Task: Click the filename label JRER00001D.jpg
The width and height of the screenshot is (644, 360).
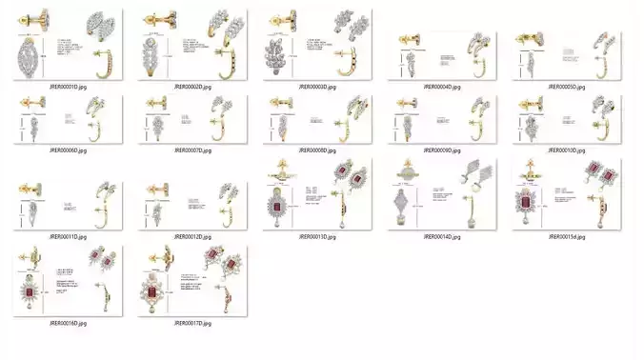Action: click(x=68, y=87)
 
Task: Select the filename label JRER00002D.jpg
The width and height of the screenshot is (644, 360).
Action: click(x=192, y=87)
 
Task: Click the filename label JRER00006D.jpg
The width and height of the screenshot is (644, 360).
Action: click(x=68, y=150)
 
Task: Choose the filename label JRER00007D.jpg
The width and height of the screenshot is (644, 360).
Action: click(x=192, y=150)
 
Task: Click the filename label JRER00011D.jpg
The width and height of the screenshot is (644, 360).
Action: click(x=68, y=236)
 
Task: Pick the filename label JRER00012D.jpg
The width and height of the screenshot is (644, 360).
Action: click(x=192, y=236)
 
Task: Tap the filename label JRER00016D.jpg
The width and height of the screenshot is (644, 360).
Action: click(x=68, y=324)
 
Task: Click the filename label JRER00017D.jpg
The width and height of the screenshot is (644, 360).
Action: click(x=192, y=324)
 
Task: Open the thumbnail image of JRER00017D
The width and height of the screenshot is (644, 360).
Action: click(x=192, y=281)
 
